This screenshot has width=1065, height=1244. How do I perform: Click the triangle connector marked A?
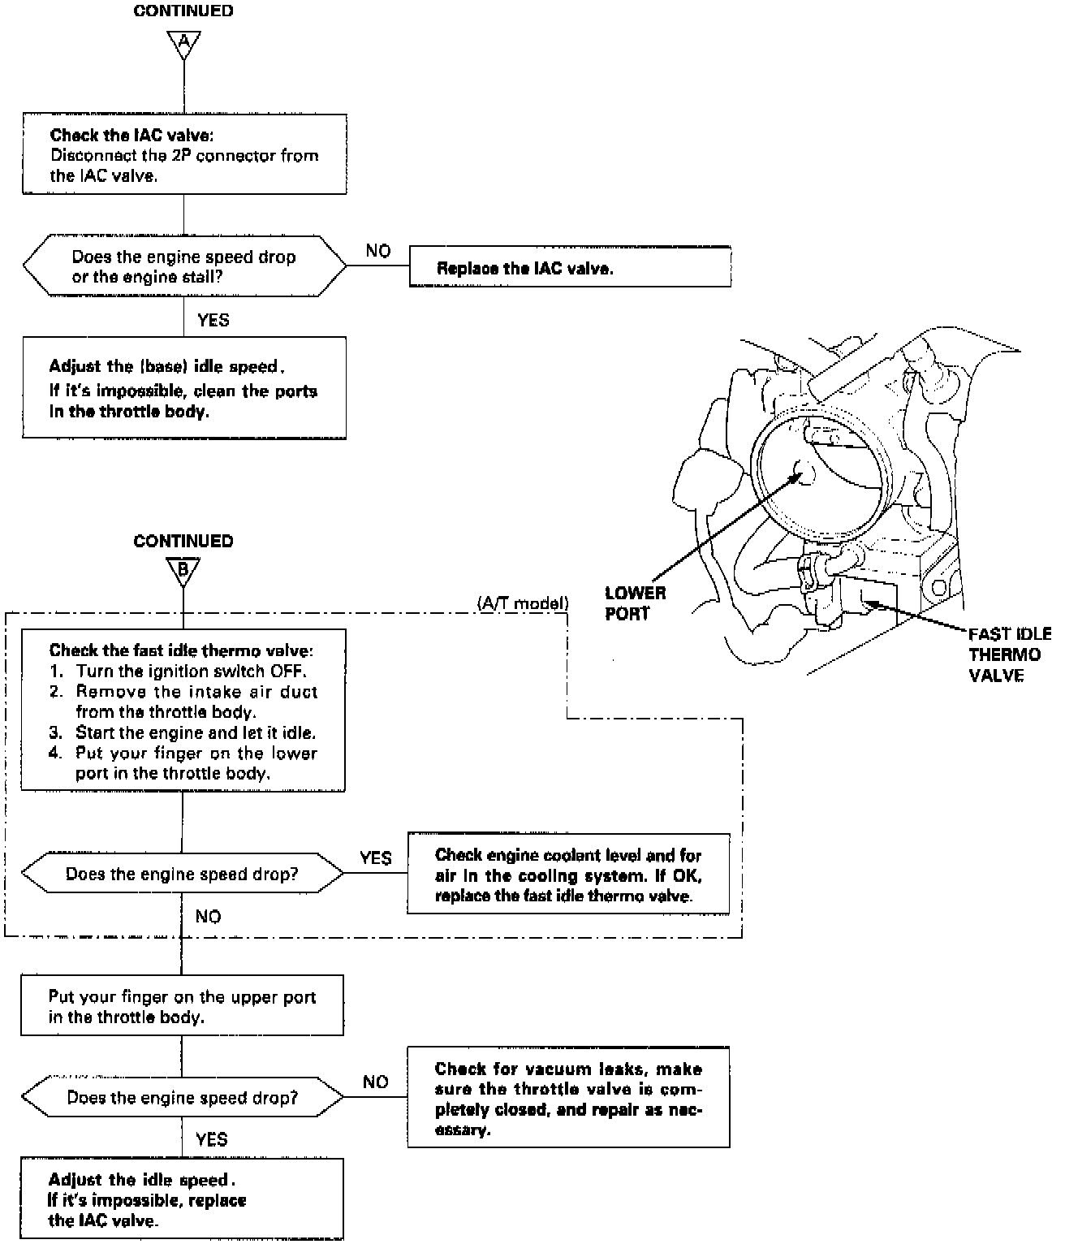tap(183, 43)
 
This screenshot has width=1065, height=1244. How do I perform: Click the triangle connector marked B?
tap(183, 571)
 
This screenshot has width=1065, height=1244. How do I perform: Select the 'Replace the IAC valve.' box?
tap(569, 267)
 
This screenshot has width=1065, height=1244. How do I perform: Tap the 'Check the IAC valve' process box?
tap(184, 154)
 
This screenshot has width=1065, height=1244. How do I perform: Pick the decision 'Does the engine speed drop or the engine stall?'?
tap(184, 267)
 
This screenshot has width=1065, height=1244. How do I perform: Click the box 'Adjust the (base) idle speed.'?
tap(184, 388)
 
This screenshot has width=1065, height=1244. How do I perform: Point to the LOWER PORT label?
tap(635, 603)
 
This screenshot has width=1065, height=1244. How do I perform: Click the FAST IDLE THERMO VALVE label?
tap(1009, 654)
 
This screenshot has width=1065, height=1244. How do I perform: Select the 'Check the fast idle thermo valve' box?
tap(183, 710)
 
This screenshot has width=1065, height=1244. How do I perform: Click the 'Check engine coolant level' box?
tap(568, 875)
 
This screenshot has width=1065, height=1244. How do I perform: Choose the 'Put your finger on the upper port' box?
tap(182, 1006)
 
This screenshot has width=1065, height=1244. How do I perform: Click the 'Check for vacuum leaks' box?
tap(568, 1098)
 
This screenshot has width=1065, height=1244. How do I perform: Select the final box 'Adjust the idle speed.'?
tap(182, 1199)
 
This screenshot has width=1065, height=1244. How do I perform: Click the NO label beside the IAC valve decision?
tap(377, 251)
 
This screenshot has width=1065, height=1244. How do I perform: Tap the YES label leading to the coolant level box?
tap(375, 858)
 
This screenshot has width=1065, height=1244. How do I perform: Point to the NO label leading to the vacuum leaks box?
tap(376, 1082)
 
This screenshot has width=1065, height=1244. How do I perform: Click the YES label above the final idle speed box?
tap(212, 1139)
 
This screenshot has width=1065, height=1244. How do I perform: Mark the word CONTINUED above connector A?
tap(183, 11)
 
